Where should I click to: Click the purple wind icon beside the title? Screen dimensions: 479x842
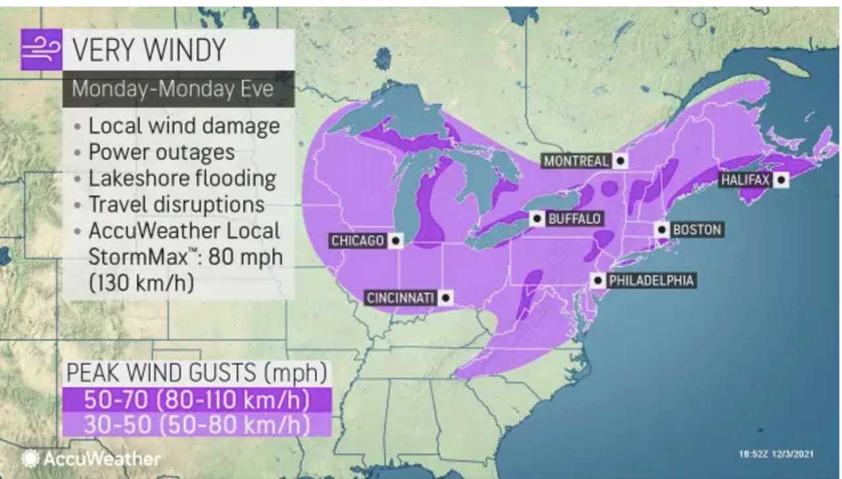[41, 50]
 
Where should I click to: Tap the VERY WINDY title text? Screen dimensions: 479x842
[148, 50]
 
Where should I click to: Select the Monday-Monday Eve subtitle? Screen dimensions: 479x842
[172, 88]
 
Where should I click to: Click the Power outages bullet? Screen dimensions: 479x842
[161, 152]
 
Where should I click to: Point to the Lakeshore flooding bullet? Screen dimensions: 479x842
[182, 178]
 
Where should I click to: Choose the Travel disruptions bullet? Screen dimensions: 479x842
[176, 205]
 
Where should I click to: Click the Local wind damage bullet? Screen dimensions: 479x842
[184, 126]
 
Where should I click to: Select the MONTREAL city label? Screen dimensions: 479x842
[576, 161]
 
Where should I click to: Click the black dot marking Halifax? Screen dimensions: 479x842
[781, 179]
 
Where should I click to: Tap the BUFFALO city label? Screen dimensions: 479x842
[574, 218]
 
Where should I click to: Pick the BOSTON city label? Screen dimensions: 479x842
[697, 230]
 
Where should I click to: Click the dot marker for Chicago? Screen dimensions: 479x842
[395, 241]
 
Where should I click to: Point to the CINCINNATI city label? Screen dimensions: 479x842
[401, 298]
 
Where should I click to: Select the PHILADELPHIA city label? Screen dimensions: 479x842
[651, 281]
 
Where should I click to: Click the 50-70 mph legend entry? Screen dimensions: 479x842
[196, 399]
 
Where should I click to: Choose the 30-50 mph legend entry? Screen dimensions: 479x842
[196, 424]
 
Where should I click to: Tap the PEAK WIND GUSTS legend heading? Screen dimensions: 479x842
[196, 373]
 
